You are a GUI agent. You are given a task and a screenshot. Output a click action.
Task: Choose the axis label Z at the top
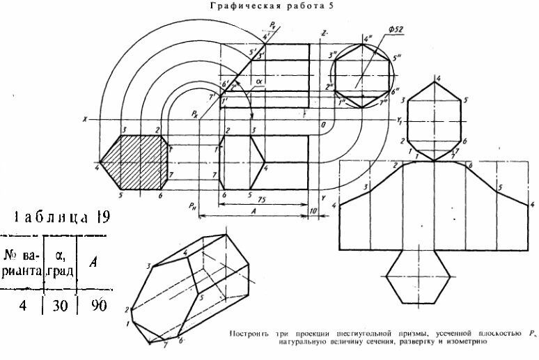coord(325,33)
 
